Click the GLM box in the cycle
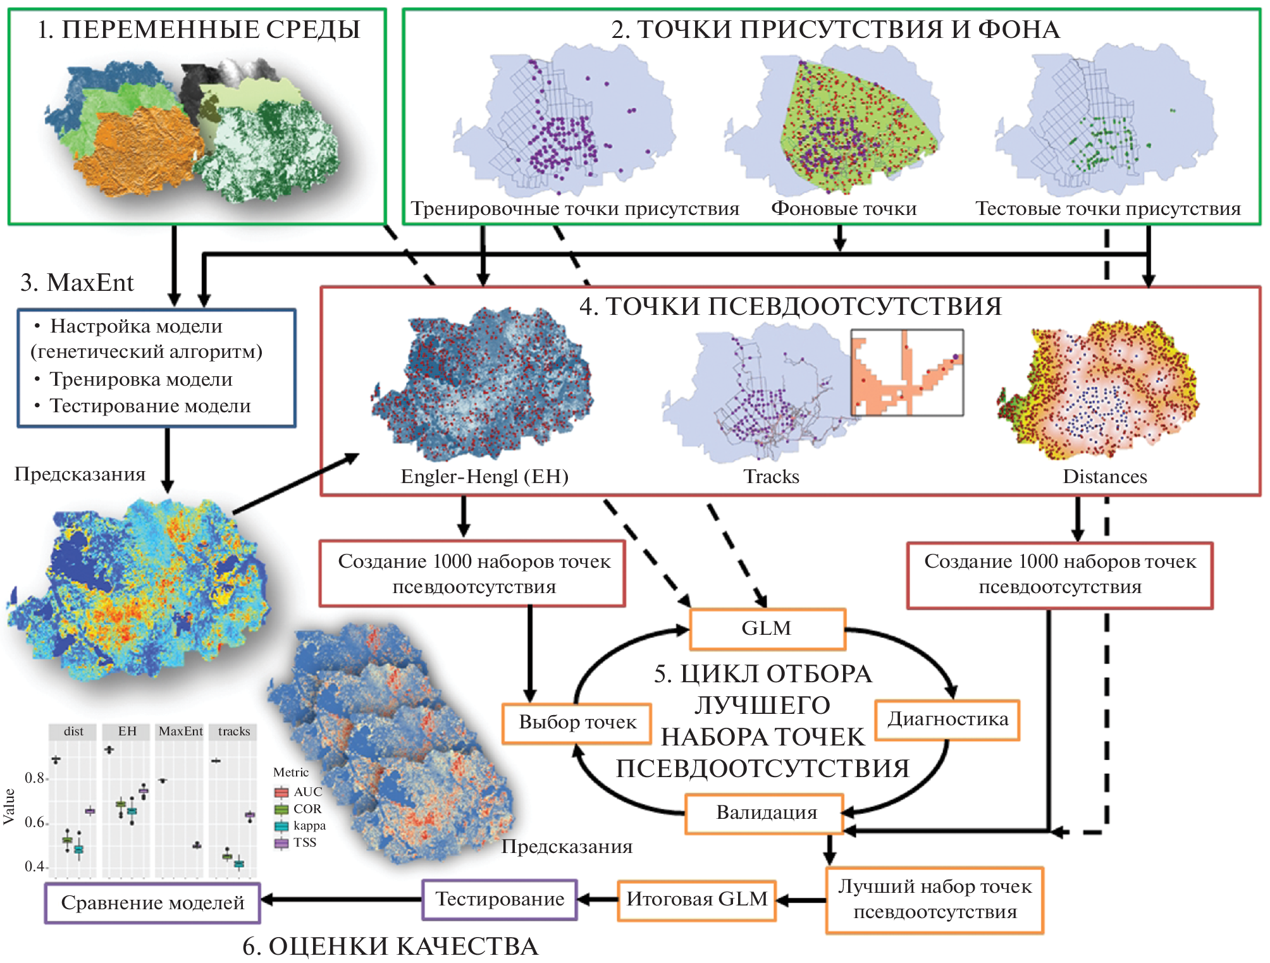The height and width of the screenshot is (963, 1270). tap(767, 629)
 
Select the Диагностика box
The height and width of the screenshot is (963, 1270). tap(947, 720)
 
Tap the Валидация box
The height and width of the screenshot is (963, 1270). tap(765, 813)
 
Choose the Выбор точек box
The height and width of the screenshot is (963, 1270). tap(577, 723)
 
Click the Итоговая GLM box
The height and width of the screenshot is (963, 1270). tap(696, 899)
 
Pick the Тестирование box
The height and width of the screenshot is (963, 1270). tap(500, 899)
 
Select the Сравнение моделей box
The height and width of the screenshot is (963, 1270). tap(152, 903)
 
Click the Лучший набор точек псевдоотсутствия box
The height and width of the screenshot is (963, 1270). tap(935, 899)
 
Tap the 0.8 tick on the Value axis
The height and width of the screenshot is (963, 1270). tap(35, 778)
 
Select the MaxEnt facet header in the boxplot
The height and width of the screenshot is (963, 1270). tap(180, 732)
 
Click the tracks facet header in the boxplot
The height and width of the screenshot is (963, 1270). tap(234, 732)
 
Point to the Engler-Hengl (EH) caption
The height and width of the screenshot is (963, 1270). tap(484, 476)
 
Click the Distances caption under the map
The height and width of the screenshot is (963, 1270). tap(1104, 476)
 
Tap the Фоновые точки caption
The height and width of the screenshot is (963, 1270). tap(843, 209)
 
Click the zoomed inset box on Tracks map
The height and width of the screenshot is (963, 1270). tap(907, 372)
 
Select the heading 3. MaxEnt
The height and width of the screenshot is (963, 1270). tap(77, 283)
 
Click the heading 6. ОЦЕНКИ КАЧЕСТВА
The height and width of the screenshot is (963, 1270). tap(390, 947)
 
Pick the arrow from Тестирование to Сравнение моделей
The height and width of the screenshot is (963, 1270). tap(342, 899)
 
